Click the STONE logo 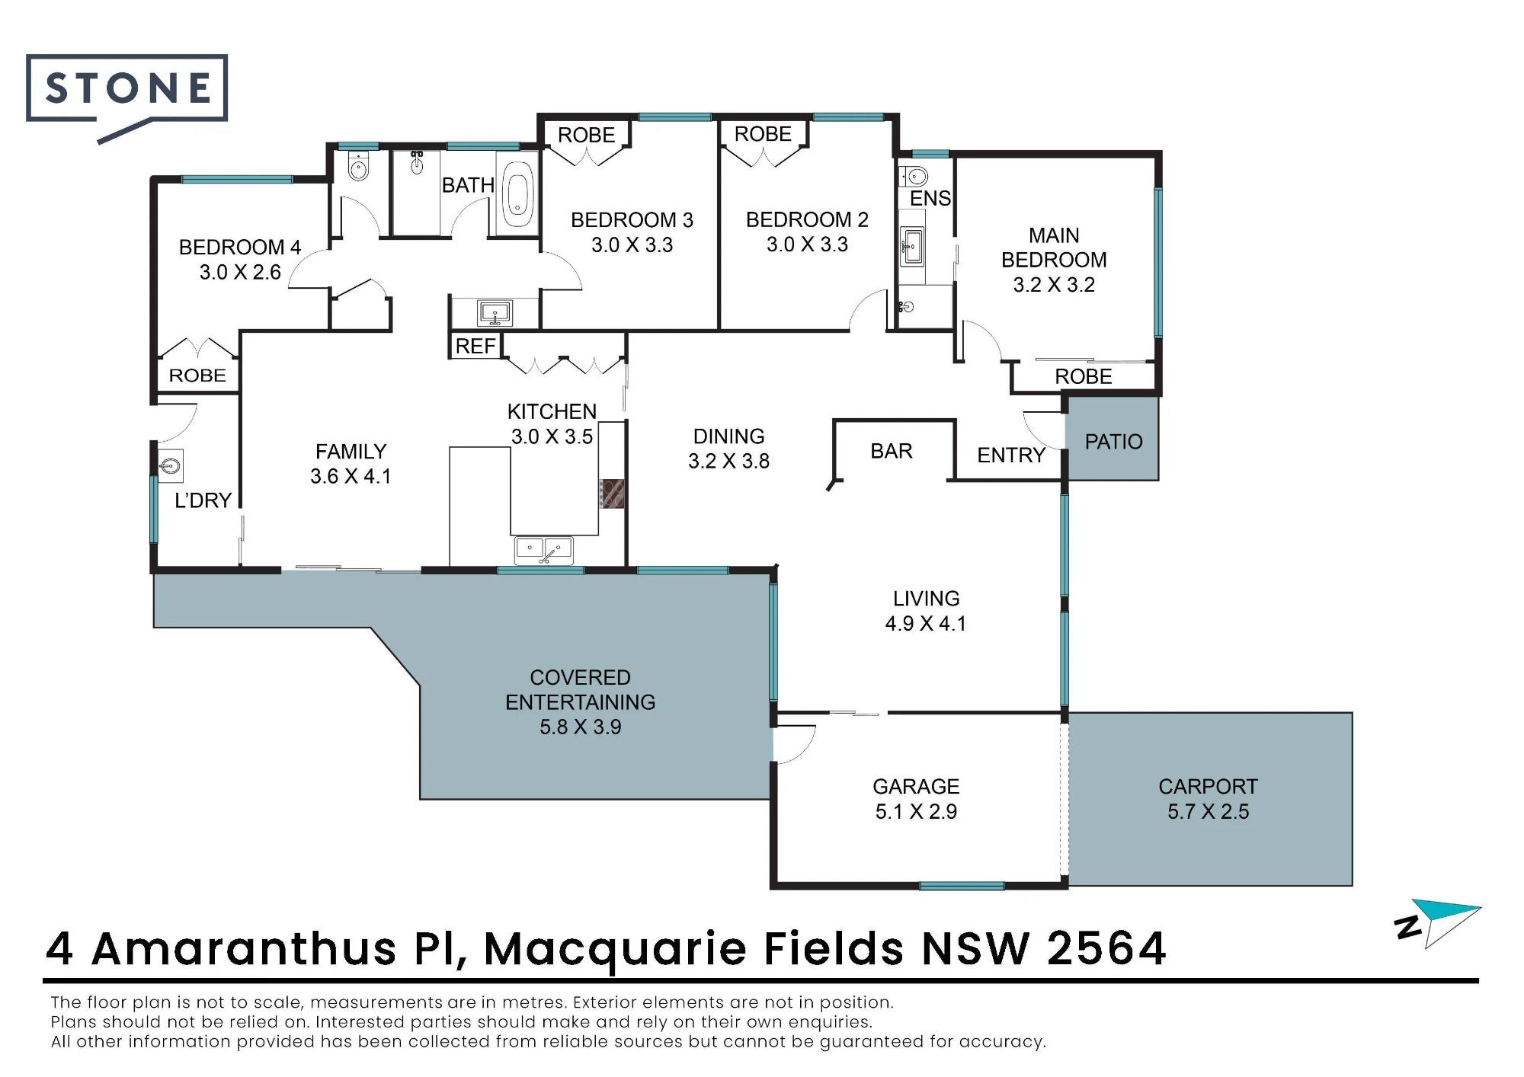tap(126, 95)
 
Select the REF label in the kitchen tap(475, 347)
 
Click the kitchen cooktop tap(612, 493)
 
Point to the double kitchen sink tap(543, 550)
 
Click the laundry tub tap(170, 465)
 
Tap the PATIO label tap(1113, 442)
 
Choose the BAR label tap(892, 451)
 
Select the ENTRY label tap(1011, 455)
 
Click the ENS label tap(930, 199)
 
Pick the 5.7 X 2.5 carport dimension tap(1208, 812)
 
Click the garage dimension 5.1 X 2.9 tap(916, 812)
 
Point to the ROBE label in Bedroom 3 tap(586, 136)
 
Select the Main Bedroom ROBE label tap(1083, 377)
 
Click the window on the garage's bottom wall tap(962, 886)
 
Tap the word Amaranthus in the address tap(244, 949)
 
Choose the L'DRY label tap(203, 500)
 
